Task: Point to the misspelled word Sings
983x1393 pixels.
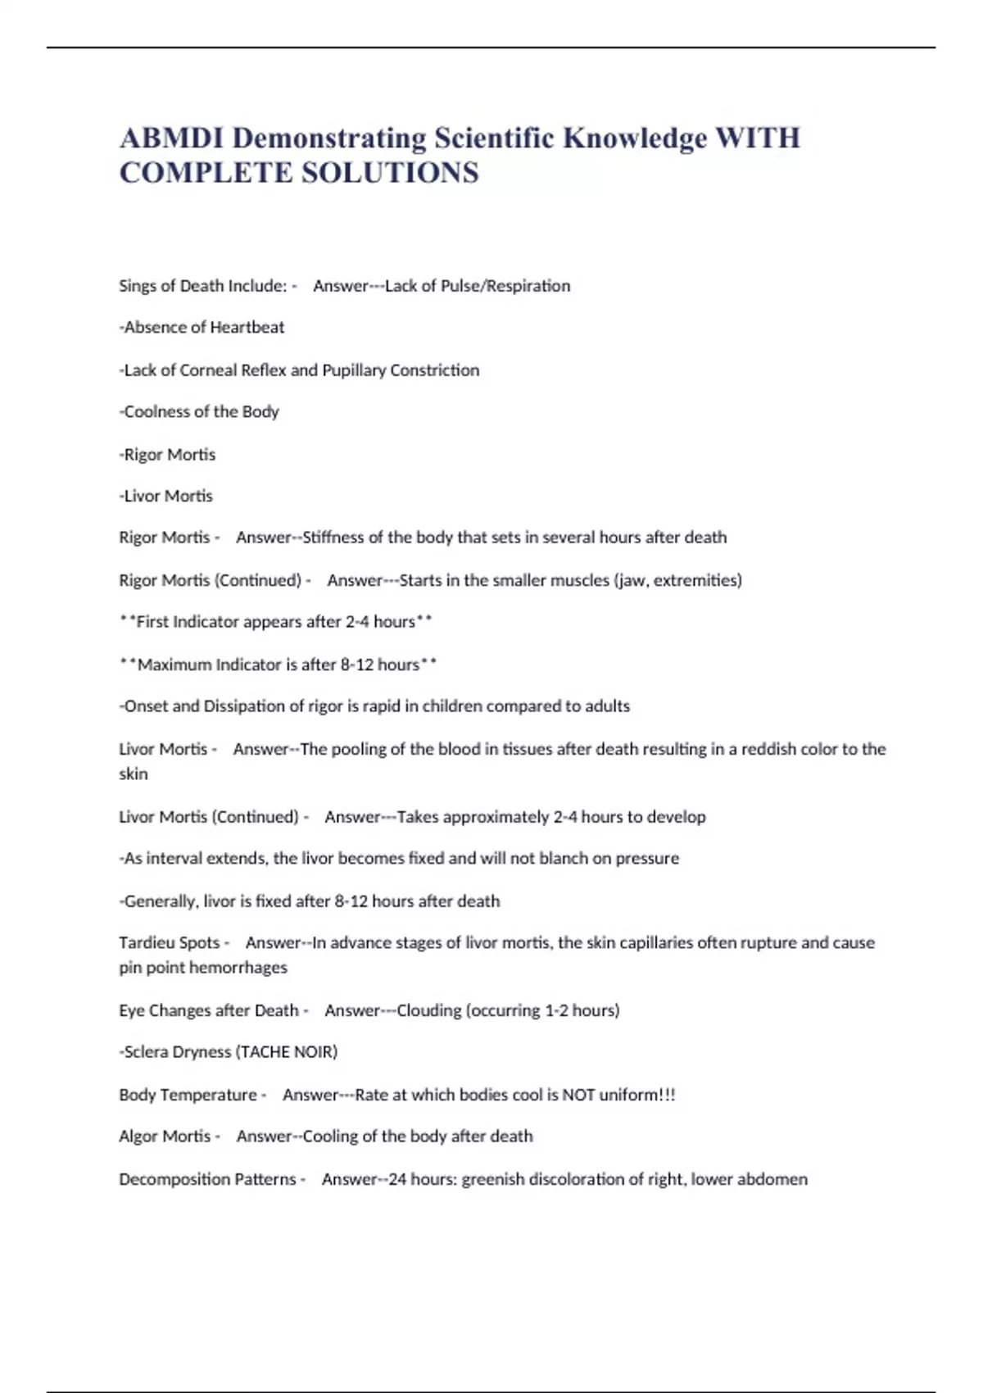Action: click(x=138, y=286)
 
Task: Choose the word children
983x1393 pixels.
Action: click(x=452, y=706)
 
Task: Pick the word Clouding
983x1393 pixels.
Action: click(x=429, y=1010)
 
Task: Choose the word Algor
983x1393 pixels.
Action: click(x=139, y=1137)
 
